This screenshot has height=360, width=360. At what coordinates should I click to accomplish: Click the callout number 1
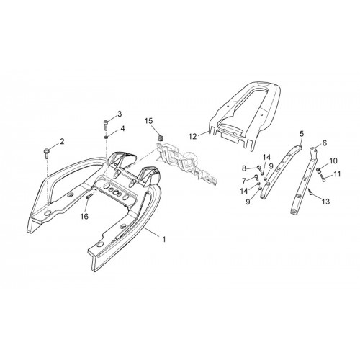[x=164, y=239]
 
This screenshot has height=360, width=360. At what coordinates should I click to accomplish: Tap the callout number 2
[x=62, y=142]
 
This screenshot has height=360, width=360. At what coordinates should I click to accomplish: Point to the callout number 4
[x=122, y=129]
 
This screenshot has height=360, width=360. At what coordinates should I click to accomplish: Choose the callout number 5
[x=302, y=133]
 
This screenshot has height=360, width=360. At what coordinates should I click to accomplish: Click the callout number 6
[x=325, y=143]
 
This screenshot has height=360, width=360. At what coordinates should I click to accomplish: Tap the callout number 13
[x=326, y=202]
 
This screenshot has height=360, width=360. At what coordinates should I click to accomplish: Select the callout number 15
[x=149, y=121]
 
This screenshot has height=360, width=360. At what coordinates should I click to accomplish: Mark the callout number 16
[x=84, y=217]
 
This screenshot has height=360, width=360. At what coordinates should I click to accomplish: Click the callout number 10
[x=333, y=161]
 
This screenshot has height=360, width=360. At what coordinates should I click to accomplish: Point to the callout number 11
[x=337, y=174]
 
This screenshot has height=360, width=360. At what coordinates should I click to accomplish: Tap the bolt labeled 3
[x=106, y=125]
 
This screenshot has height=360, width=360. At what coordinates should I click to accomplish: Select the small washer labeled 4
[x=106, y=137]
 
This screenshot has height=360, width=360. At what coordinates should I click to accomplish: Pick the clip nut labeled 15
[x=161, y=138]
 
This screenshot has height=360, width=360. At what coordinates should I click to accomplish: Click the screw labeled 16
[x=89, y=196]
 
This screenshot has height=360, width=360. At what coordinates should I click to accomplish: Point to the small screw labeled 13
[x=310, y=192]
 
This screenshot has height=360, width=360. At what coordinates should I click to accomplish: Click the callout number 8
[x=244, y=168]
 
